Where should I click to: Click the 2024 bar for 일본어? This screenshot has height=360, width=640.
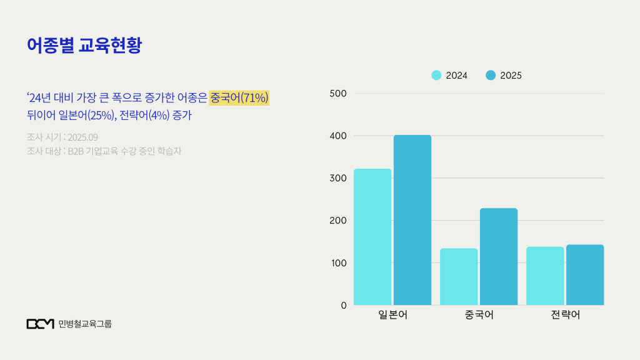click(x=372, y=237)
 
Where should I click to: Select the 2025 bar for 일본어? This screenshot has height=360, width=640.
click(x=412, y=220)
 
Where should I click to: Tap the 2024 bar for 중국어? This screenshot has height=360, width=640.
click(x=459, y=277)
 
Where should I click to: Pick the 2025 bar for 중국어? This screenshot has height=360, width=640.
click(x=499, y=257)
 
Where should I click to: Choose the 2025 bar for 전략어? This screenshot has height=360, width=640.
click(x=585, y=275)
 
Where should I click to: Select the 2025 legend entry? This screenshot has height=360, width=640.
click(x=504, y=76)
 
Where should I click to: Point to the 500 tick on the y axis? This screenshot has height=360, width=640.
click(x=338, y=94)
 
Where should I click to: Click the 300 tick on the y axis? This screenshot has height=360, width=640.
click(x=338, y=178)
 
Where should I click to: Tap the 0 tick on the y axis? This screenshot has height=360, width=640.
click(x=343, y=305)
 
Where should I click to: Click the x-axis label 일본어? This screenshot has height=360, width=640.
click(x=392, y=315)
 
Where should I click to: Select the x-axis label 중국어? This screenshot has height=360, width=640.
click(x=479, y=315)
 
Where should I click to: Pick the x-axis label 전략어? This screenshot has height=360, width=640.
click(x=565, y=315)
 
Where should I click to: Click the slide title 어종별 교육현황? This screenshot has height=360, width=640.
click(x=84, y=45)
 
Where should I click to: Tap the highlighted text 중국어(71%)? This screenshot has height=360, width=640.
click(x=239, y=97)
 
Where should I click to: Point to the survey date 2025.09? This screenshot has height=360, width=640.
click(x=82, y=137)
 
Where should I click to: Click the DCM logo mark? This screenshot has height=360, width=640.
click(x=41, y=324)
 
